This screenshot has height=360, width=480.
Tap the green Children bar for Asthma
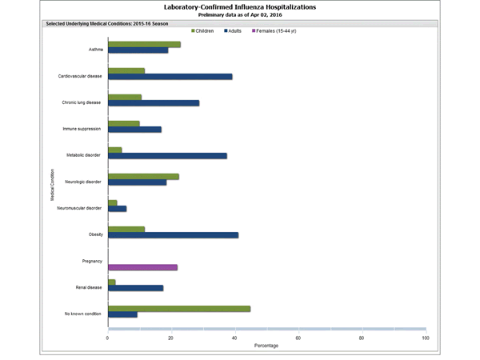tap(144, 44)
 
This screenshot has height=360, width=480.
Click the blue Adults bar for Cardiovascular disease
tap(170, 77)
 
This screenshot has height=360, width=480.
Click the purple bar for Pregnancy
tap(142, 267)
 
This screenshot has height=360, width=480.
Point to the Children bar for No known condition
tap(179, 309)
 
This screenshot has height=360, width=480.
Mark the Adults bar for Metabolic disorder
tap(167, 156)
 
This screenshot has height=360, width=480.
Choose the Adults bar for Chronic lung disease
tap(154, 103)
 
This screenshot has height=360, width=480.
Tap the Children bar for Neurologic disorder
tap(143, 176)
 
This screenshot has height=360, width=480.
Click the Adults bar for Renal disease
tap(135, 288)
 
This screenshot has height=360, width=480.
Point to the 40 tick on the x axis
tap(234, 338)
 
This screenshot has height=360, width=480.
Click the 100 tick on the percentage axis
tap(425, 338)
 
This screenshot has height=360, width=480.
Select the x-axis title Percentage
tap(266, 346)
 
